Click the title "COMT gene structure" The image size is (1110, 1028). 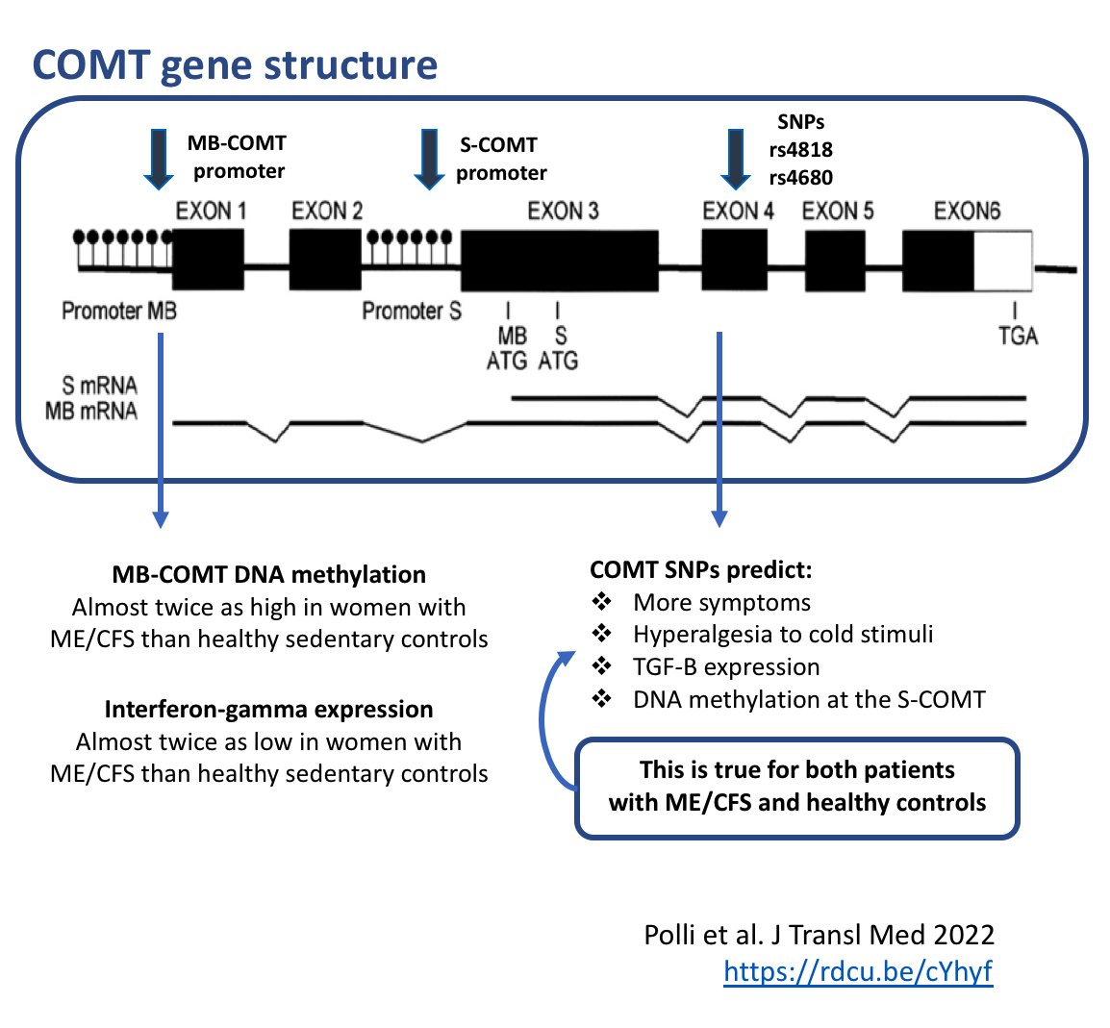235,64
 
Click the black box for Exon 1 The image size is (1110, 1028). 208,260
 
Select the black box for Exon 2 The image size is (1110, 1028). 325,260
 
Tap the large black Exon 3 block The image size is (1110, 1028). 560,260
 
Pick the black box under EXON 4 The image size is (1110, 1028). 734,260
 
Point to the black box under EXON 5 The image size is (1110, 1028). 834,261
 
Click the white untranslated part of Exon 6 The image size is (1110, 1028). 1003,261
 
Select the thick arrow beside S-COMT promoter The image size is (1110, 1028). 428,159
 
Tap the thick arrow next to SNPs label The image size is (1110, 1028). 735,159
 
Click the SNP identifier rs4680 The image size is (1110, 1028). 800,177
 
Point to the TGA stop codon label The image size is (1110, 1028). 1018,336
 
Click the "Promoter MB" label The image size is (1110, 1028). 118,311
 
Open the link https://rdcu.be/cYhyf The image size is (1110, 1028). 857,971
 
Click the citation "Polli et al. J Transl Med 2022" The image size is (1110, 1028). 819,935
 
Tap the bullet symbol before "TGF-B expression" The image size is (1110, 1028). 602,666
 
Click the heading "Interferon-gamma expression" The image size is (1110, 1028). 268,709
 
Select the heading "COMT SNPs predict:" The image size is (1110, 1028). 700,569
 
